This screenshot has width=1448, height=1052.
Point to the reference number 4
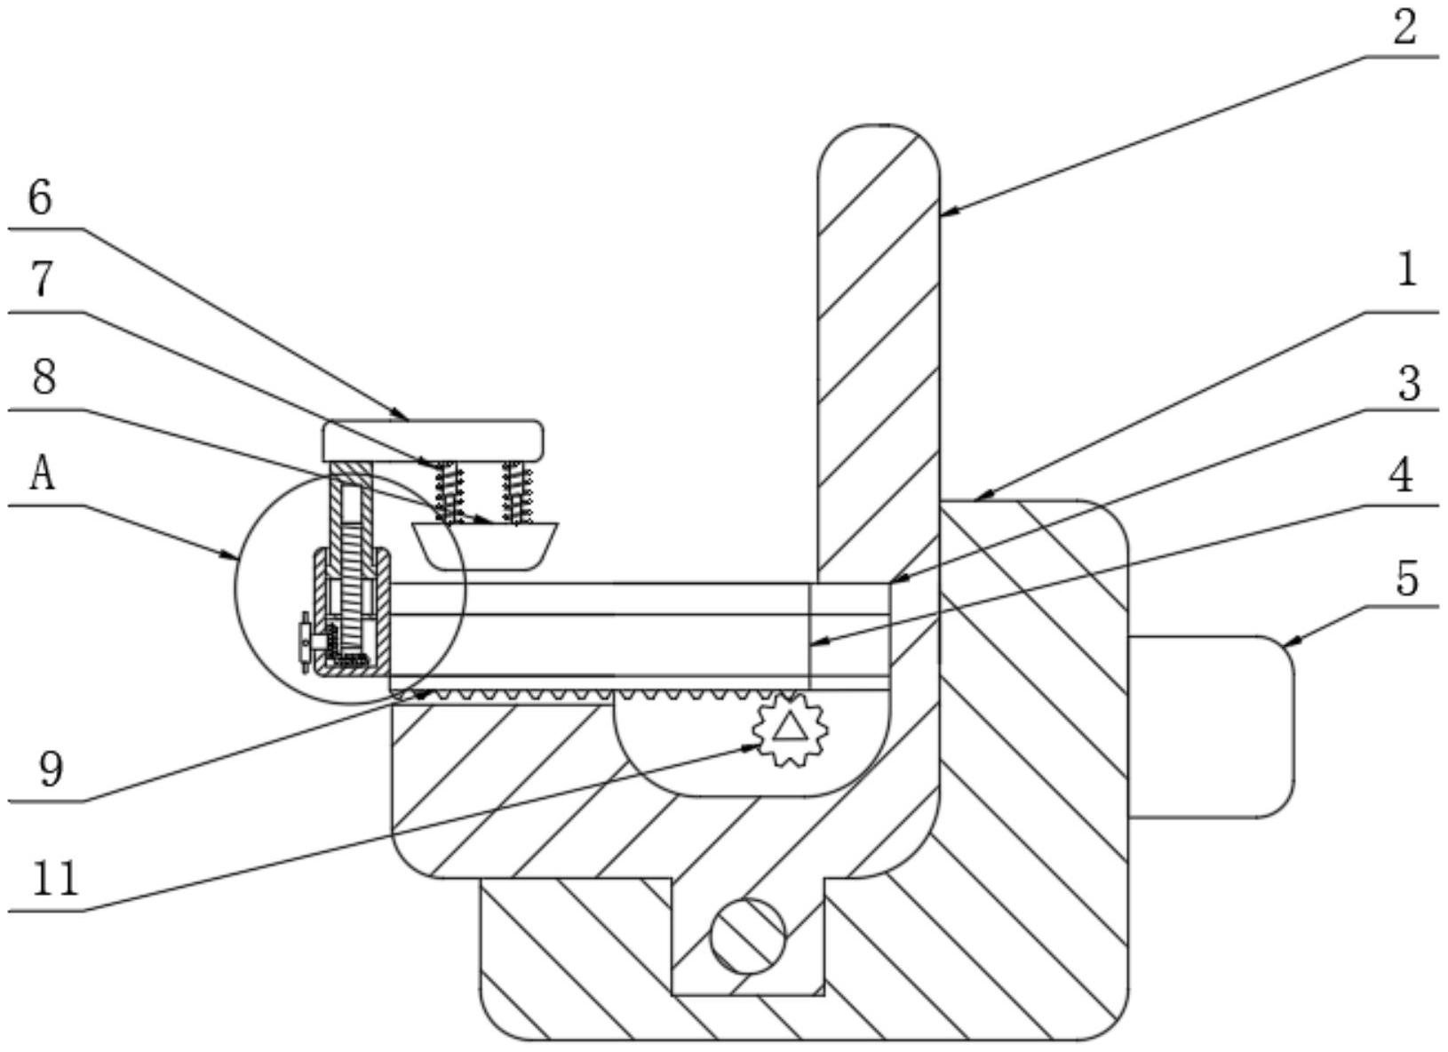(x=1402, y=477)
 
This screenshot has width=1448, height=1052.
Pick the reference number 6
(x=40, y=197)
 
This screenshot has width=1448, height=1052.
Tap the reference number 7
(x=40, y=281)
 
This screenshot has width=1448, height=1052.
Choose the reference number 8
(x=43, y=377)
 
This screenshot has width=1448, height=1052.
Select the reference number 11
(x=55, y=879)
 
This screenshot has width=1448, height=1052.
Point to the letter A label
(x=42, y=474)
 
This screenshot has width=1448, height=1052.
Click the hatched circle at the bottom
(x=748, y=935)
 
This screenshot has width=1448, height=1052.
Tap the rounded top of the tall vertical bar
(x=879, y=147)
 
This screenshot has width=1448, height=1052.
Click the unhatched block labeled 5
(x=1210, y=726)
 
